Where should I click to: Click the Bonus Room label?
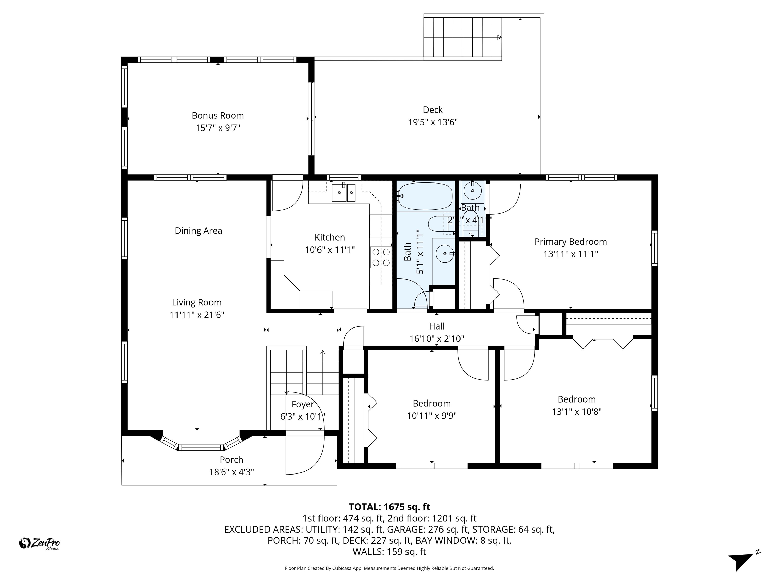218,116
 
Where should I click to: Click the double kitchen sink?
343,193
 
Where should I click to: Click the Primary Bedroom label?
571,242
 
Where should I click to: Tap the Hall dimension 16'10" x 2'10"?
436,339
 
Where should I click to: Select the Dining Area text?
198,231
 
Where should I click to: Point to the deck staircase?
462,37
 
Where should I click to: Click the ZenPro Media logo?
39,543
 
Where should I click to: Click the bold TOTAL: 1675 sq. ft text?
389,507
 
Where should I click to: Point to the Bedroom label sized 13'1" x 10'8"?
576,399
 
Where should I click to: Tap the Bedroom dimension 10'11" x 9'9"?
432,416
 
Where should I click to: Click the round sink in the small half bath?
472,192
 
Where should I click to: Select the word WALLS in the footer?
368,552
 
